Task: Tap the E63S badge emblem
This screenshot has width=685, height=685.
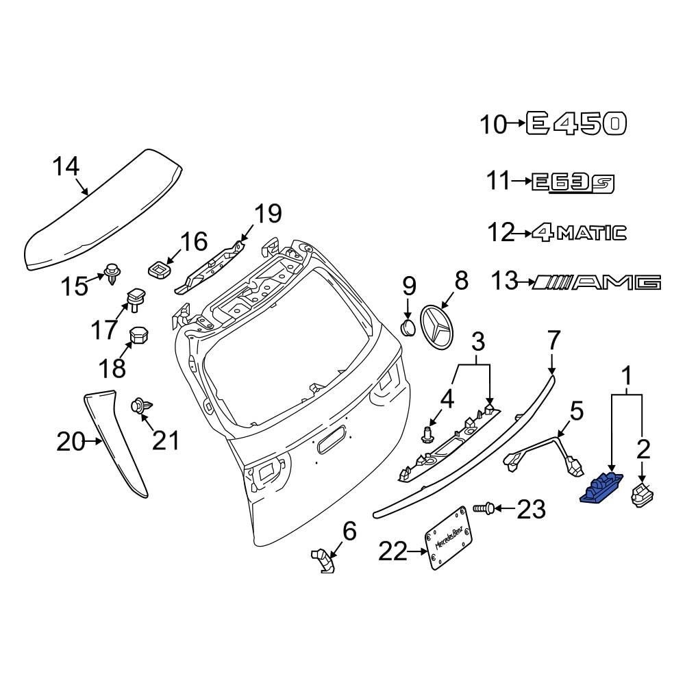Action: pos(573,182)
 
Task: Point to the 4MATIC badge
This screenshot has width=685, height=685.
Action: pos(579,233)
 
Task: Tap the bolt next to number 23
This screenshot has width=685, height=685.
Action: pos(482,509)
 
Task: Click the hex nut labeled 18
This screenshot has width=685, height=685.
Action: pos(140,337)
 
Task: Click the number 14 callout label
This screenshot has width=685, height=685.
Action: pos(66,166)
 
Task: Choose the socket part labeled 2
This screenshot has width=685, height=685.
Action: pos(643,495)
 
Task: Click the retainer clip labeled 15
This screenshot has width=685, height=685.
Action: pos(112,275)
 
